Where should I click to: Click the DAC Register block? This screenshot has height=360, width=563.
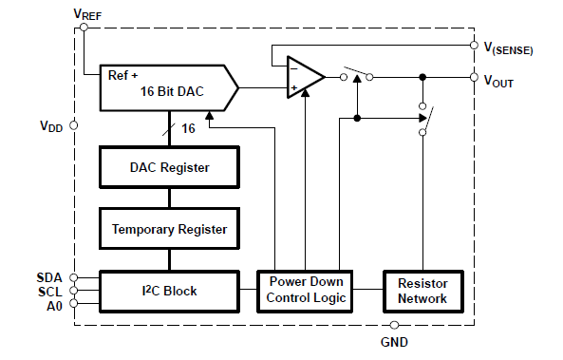coord(169,167)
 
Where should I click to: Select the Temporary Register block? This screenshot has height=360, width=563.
coord(169,228)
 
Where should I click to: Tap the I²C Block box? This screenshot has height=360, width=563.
coord(169,291)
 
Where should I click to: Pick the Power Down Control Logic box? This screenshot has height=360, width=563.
coord(306,291)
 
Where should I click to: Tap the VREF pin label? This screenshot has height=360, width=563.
coord(87,13)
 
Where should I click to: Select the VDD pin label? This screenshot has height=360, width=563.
coord(51,125)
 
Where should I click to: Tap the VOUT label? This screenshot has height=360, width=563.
coord(498,83)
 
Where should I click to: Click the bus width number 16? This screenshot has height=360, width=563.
coord(187,126)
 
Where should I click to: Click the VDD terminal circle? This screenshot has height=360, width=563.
coord(73,125)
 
